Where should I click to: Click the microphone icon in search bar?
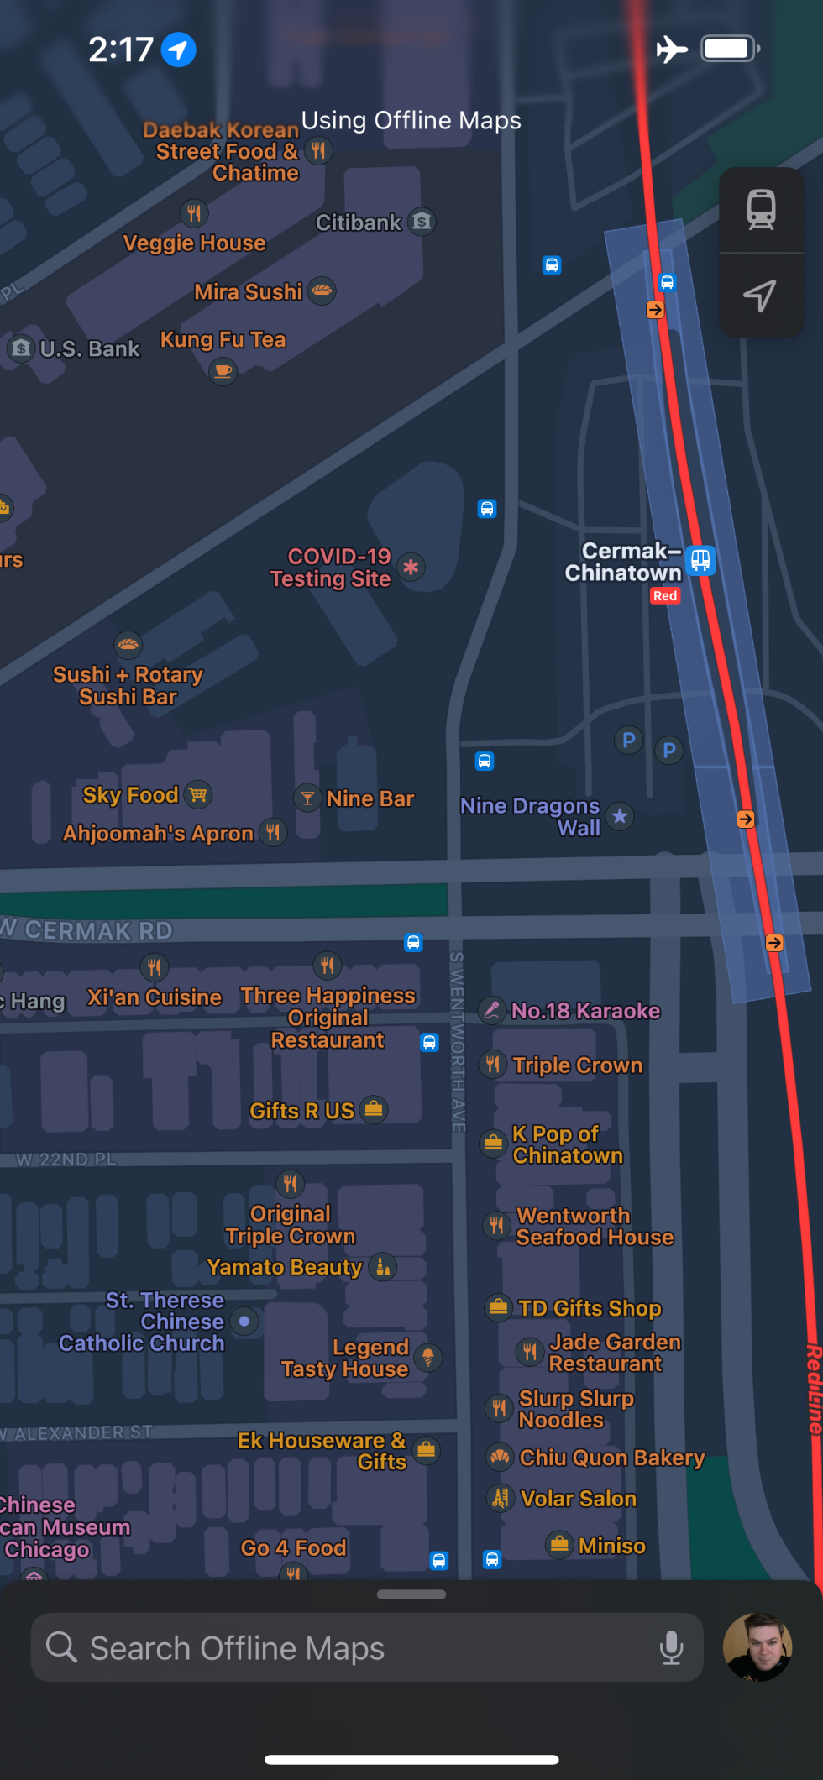tap(671, 1647)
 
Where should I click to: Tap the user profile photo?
tap(757, 1646)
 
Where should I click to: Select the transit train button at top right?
tap(761, 210)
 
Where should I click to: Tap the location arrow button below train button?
tap(761, 296)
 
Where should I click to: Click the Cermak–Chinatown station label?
tap(623, 562)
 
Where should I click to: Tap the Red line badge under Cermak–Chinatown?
tap(665, 596)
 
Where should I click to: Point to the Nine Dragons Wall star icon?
tap(620, 816)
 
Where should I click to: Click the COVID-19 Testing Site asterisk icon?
tap(411, 568)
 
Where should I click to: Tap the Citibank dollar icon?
tap(422, 222)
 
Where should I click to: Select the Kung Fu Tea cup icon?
tap(223, 370)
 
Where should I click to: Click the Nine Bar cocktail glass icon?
tap(307, 798)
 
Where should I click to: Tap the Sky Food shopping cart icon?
tap(198, 794)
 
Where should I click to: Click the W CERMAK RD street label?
tap(88, 930)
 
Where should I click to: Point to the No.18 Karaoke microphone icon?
tap(492, 1010)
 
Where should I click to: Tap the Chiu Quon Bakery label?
tap(611, 1458)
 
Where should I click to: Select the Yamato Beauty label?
tap(285, 1267)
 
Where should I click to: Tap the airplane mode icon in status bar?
tap(672, 49)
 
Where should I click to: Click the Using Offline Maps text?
tap(411, 120)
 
